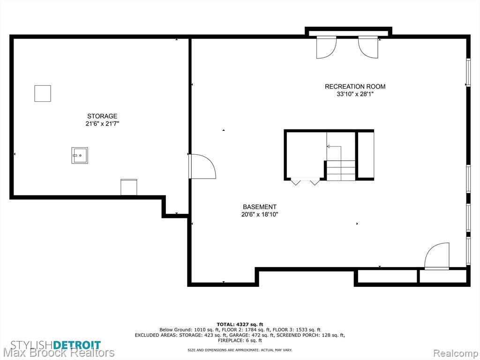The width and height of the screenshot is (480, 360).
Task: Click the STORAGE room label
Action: coord(102,116)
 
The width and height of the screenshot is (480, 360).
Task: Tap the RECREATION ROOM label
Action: coord(355,87)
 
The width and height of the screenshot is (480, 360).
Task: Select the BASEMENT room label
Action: coord(260,207)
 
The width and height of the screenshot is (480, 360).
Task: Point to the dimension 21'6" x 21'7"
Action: coord(102,124)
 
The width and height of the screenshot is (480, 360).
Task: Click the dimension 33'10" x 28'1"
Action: coord(355,94)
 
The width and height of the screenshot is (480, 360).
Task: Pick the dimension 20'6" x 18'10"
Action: coord(260,215)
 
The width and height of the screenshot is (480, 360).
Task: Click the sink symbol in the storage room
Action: coord(80,155)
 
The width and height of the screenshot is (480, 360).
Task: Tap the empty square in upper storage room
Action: coord(43,93)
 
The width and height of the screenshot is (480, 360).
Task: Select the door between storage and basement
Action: coord(202,166)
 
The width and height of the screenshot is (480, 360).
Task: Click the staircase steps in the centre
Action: coord(341,171)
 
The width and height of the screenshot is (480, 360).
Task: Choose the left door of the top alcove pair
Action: coord(326,47)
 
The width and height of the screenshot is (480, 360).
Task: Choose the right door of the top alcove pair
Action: coord(368,47)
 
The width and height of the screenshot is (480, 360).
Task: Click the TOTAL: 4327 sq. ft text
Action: coord(240,324)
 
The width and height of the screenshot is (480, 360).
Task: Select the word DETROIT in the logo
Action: coord(77,345)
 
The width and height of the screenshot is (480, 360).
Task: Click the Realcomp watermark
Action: coord(456,353)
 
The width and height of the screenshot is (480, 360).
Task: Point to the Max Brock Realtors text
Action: coord(59,353)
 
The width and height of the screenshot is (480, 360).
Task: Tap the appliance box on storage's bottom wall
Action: coord(128,187)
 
